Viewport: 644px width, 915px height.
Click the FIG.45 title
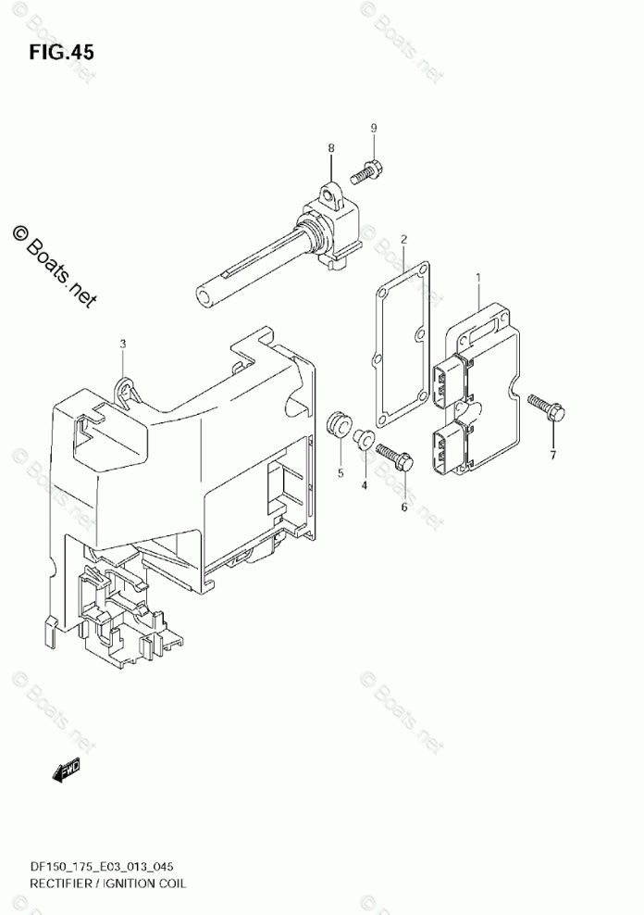[x=62, y=52]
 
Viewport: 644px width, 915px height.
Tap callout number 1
[x=478, y=277]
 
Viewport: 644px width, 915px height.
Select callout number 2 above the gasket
[x=403, y=240]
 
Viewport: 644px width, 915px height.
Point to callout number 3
[x=122, y=345]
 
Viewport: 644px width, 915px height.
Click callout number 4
[x=364, y=484]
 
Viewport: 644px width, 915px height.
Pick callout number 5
[x=340, y=473]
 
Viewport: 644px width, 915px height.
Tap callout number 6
[x=403, y=507]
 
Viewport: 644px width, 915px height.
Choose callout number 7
[x=552, y=454]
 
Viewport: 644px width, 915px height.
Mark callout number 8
[x=330, y=148]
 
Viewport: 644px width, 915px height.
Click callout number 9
[x=374, y=127]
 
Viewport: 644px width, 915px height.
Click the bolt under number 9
[x=368, y=170]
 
